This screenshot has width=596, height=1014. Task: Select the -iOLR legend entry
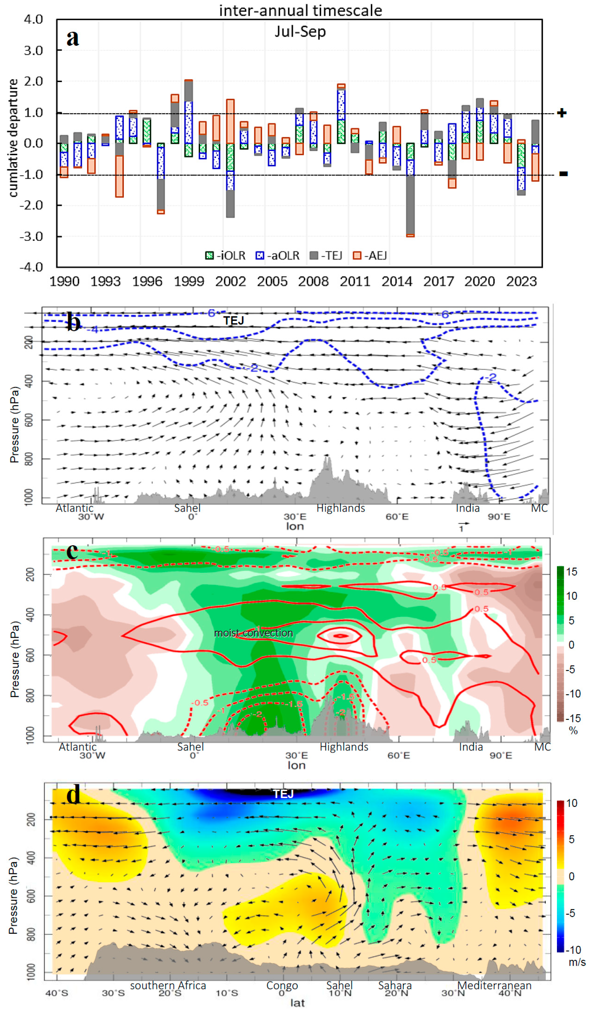[225, 256]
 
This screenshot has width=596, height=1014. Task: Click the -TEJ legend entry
[326, 256]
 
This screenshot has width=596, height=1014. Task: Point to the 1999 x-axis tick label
[189, 281]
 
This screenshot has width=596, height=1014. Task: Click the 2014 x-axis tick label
[397, 281]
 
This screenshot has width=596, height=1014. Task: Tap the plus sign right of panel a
[562, 113]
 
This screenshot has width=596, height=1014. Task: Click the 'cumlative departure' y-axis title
[13, 138]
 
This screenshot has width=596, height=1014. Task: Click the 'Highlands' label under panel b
[340, 508]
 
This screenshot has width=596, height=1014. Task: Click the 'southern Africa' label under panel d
[168, 985]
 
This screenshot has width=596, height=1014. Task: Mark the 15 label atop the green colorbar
[572, 572]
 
